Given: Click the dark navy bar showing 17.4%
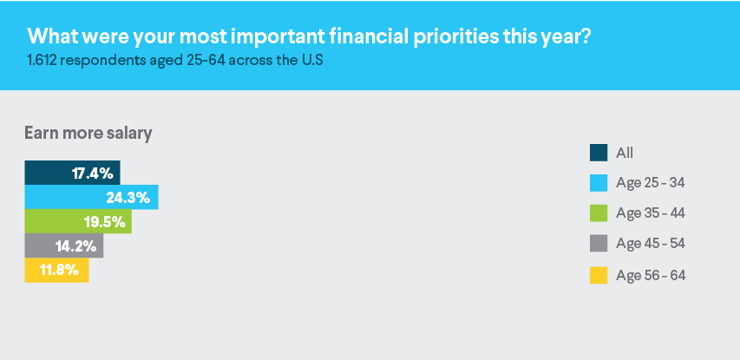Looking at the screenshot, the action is click(x=72, y=173).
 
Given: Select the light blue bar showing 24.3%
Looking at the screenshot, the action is click(x=91, y=197).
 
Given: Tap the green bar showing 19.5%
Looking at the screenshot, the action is click(x=78, y=221).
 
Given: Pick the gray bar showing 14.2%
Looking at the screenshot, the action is click(x=63, y=245).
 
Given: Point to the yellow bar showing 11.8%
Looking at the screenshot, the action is click(x=56, y=271).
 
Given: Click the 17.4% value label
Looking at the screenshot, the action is click(x=93, y=173).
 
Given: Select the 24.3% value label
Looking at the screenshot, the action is click(x=128, y=198).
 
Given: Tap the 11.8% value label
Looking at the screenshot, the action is click(x=60, y=271).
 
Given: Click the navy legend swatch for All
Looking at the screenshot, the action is click(x=599, y=153).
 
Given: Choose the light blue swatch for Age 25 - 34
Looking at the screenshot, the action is click(x=599, y=182).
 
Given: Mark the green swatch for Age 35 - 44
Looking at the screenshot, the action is click(x=599, y=213).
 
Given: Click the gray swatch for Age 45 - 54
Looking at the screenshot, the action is click(x=599, y=244).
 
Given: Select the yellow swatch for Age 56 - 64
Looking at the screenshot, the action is click(x=599, y=275).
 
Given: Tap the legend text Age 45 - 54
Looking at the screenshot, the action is click(x=651, y=244).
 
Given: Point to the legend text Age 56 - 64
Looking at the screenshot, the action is click(x=651, y=276).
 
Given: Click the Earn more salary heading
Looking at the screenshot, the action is click(x=88, y=134).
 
